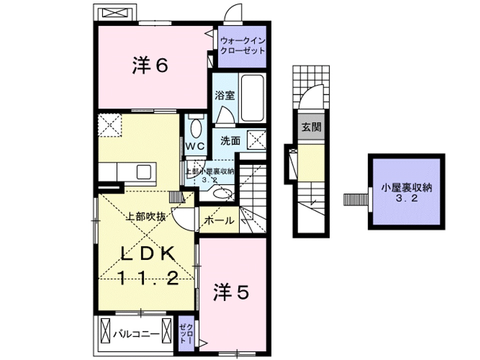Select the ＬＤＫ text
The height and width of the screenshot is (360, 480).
tap(148, 254)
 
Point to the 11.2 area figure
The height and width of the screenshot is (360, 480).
tap(148, 278)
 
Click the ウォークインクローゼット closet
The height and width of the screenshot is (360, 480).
tap(241, 46)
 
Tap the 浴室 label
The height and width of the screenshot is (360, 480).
tap(225, 96)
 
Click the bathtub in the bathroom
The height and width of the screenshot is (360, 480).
tap(253, 98)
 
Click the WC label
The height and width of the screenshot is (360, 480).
tap(195, 146)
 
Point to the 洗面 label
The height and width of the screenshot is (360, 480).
tap(230, 141)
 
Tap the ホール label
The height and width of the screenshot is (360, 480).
tap(218, 220)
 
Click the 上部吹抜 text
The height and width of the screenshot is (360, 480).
tap(145, 217)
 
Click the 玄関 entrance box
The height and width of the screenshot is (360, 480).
tap(310, 127)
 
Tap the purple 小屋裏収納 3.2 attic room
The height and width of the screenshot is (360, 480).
tap(406, 192)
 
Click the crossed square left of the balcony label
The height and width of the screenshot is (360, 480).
tap(107, 330)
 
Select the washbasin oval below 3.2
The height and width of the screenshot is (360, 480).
tap(220, 193)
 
